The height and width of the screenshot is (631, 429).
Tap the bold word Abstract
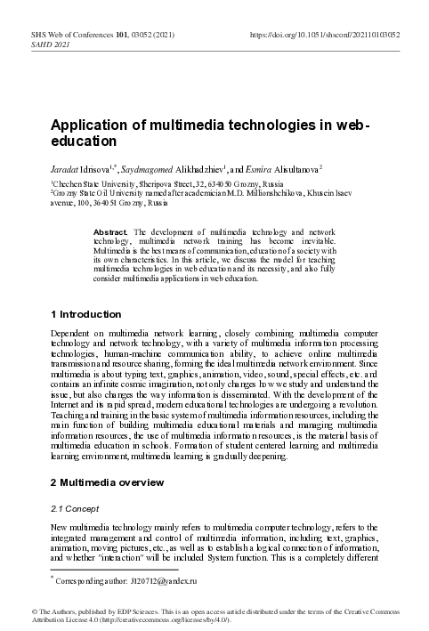pos(110,231)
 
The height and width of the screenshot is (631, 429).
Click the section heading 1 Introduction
pos(85,314)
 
